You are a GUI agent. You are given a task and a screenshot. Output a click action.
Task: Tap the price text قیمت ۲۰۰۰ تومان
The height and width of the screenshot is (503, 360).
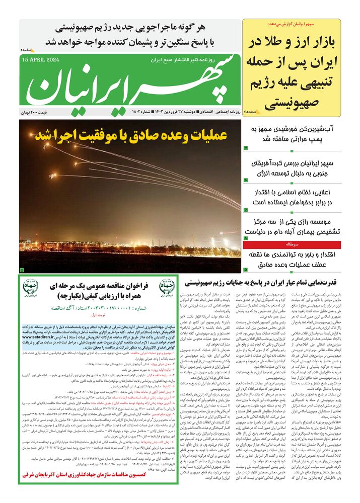tap(39, 110)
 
